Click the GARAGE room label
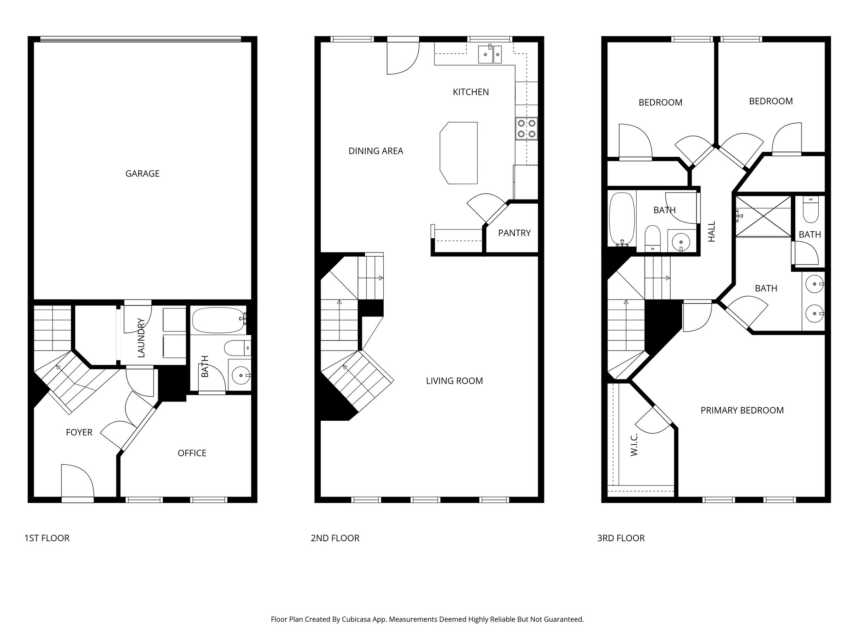[x=142, y=174]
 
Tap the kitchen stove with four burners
[x=526, y=129]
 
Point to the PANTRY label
[x=514, y=233]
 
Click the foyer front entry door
[x=77, y=482]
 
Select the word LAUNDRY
[x=141, y=338]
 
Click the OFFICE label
[x=192, y=453]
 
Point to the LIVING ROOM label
[x=454, y=381]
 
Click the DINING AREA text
[x=376, y=151]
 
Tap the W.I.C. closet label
[x=634, y=444]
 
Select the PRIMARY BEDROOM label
[x=742, y=410]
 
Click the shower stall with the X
[x=763, y=216]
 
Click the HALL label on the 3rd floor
[x=712, y=232]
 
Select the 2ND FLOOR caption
[x=335, y=538]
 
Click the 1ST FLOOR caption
[x=47, y=538]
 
